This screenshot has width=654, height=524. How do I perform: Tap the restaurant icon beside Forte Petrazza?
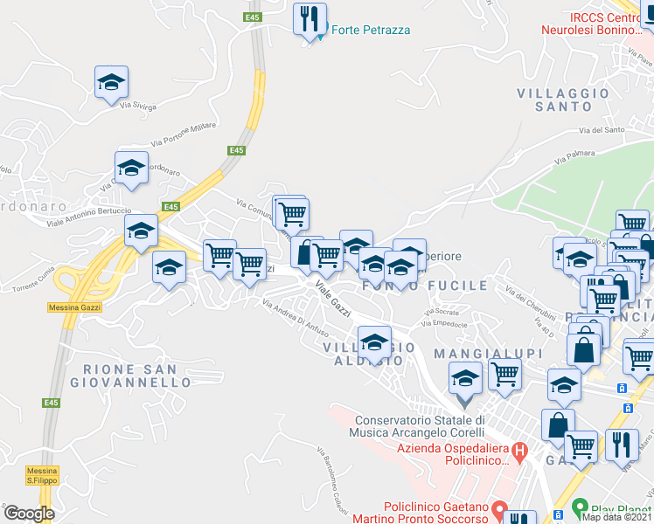click(x=310, y=18)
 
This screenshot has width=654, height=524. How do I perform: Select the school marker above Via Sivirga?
click(x=111, y=82)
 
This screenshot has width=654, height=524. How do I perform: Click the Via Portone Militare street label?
click(x=183, y=134)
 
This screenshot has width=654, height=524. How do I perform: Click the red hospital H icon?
click(x=520, y=452)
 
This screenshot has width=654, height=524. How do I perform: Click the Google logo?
click(x=29, y=514)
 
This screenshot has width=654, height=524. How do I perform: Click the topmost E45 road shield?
click(x=253, y=17)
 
